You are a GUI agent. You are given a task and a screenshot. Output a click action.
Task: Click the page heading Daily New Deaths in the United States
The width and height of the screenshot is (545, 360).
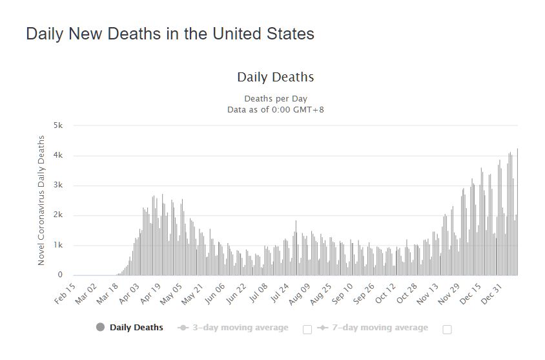(x=170, y=34)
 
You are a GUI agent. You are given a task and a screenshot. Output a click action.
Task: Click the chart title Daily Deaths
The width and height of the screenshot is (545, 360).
(x=275, y=78)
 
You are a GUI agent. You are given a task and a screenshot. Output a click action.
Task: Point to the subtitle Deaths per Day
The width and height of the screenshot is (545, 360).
(x=275, y=99)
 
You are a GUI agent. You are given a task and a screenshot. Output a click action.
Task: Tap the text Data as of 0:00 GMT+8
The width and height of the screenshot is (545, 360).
(x=275, y=109)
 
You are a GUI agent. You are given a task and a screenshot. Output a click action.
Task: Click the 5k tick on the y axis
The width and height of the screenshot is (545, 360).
(x=58, y=126)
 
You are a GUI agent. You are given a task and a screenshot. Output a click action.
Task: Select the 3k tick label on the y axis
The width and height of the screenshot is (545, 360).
(x=58, y=185)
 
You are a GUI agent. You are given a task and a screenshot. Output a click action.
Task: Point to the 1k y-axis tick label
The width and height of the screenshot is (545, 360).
(x=58, y=245)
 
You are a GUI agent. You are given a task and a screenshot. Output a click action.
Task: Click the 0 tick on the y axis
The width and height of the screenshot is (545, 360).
(x=60, y=275)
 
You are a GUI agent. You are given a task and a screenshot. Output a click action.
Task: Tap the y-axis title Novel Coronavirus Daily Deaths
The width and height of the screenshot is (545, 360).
(x=41, y=200)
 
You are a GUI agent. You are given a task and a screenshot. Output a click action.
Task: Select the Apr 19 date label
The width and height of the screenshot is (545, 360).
(x=150, y=293)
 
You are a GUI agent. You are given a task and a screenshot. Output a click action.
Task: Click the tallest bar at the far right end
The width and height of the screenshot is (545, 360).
(x=517, y=213)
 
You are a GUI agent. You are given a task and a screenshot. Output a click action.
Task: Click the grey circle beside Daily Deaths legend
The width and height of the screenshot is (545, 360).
(x=100, y=327)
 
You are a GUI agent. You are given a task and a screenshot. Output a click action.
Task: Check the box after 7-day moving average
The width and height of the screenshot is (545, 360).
(x=447, y=329)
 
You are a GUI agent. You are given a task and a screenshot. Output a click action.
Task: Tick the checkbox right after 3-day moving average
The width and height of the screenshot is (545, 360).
(x=307, y=329)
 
